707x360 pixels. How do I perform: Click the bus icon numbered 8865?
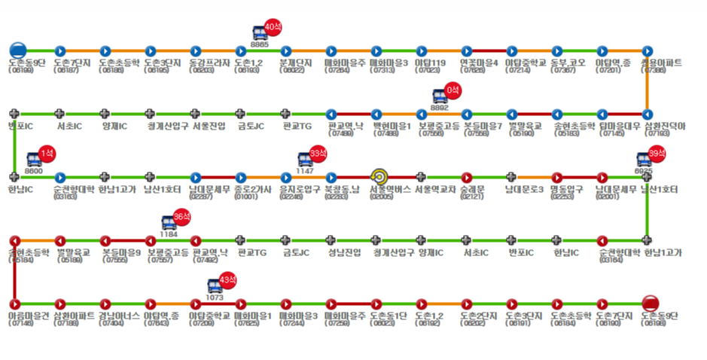[x=258, y=32]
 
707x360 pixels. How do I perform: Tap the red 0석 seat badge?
[x=453, y=90]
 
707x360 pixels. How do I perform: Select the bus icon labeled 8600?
[x=34, y=160]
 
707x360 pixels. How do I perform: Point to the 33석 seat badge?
[x=318, y=154]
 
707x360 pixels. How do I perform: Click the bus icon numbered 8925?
[x=645, y=160]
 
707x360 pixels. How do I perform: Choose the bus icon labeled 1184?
[x=169, y=222]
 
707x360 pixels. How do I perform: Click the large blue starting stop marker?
[x=17, y=50]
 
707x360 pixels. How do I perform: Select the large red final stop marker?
[x=651, y=304]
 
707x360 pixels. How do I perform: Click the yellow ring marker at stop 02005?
[x=378, y=177]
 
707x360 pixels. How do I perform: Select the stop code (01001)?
[x=245, y=197]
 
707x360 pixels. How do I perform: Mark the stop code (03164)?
[x=611, y=261]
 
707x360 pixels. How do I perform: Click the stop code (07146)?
[x=21, y=324]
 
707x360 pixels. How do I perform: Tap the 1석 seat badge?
[x=47, y=154]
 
